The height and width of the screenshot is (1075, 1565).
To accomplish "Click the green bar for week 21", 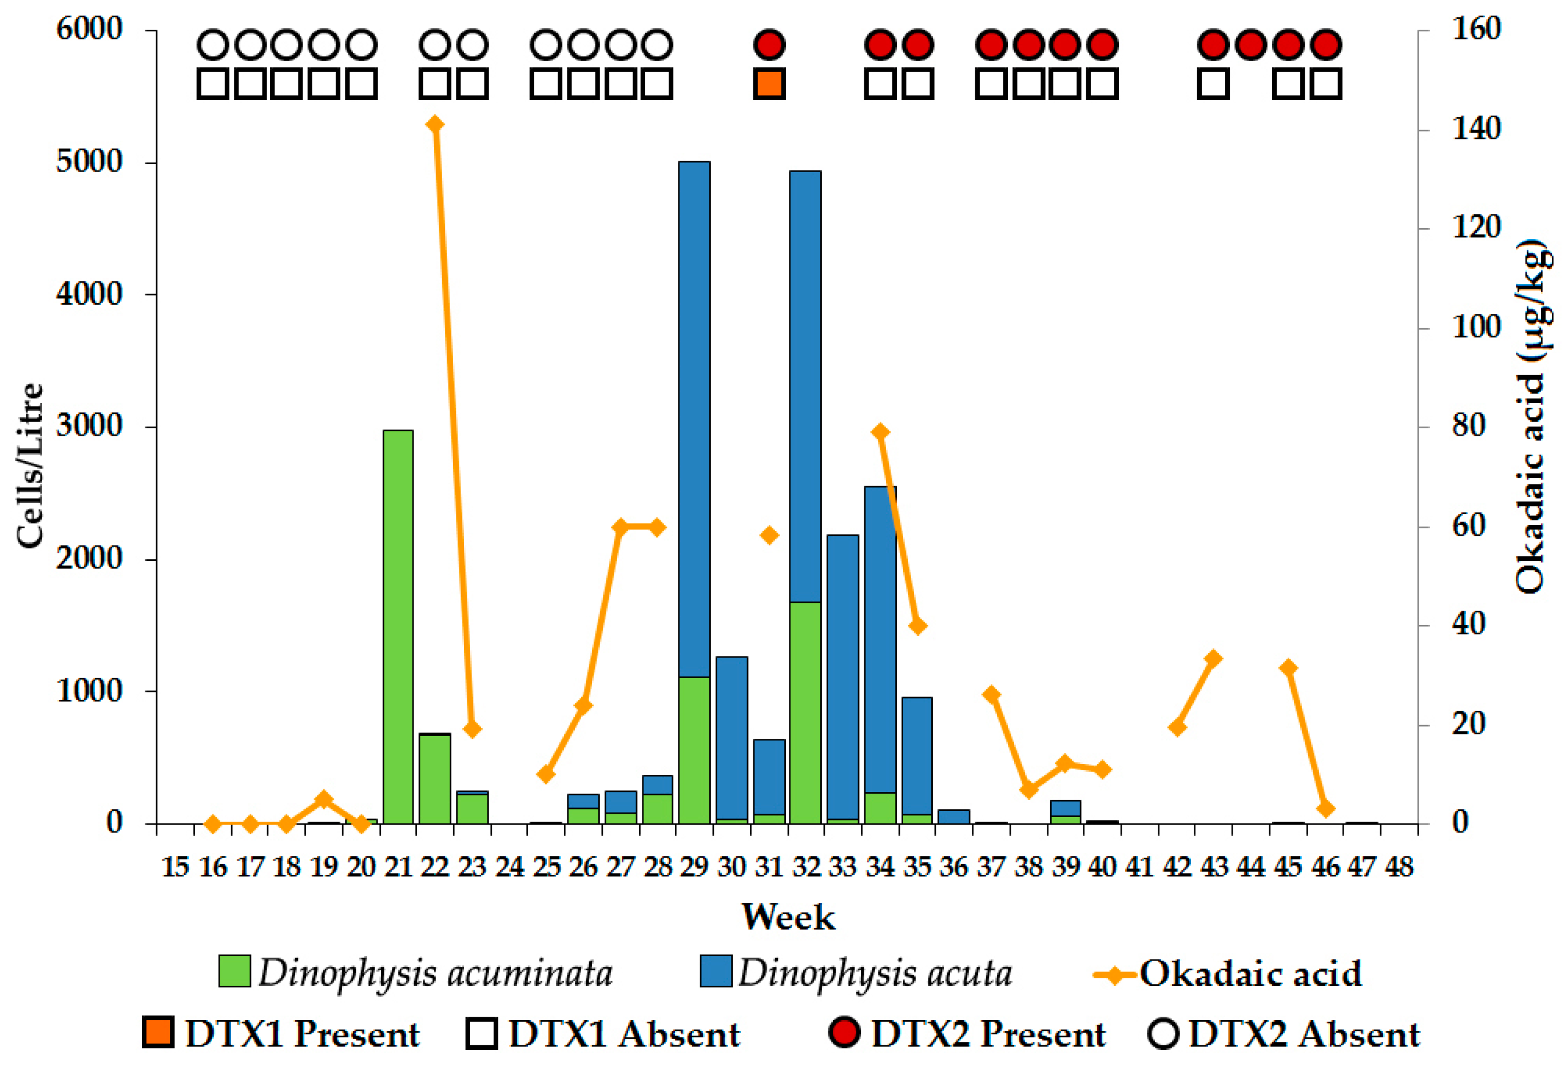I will pyautogui.click(x=398, y=626).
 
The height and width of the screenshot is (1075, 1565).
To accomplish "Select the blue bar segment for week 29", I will pyautogui.click(x=694, y=417).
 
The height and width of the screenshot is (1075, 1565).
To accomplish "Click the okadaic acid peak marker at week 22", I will pyautogui.click(x=435, y=125).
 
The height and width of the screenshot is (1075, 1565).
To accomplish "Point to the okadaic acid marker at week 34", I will pyautogui.click(x=880, y=432).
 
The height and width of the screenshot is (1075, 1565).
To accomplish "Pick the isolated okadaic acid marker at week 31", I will pyautogui.click(x=769, y=535).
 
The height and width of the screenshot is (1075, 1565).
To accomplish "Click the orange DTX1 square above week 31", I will pyautogui.click(x=769, y=83).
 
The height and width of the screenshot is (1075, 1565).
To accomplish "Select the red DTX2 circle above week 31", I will pyautogui.click(x=769, y=45).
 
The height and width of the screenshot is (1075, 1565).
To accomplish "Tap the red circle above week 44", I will pyautogui.click(x=1251, y=45).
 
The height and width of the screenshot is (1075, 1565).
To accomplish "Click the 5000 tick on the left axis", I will pyautogui.click(x=89, y=162).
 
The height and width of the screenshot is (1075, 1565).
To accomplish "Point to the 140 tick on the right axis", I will pyautogui.click(x=1475, y=128).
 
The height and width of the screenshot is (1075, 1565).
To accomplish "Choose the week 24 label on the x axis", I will pyautogui.click(x=509, y=867).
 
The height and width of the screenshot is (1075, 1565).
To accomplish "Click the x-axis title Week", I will pyautogui.click(x=788, y=917).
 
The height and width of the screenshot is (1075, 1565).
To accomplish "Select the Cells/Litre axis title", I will pyautogui.click(x=30, y=465).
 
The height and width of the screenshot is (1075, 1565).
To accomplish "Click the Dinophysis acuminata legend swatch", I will pyautogui.click(x=235, y=972).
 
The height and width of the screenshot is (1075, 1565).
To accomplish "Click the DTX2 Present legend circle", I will pyautogui.click(x=845, y=1033).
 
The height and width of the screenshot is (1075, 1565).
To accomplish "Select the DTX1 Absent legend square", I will pyautogui.click(x=482, y=1033).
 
